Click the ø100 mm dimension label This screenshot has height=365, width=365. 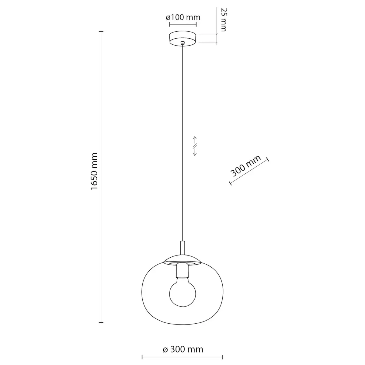tap(183, 17)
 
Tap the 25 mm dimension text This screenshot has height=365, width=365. tap(224, 20)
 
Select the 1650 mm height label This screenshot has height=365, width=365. tap(94, 171)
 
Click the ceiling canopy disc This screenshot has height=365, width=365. tap(182, 39)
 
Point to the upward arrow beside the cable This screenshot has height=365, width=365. tap(195, 140)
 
